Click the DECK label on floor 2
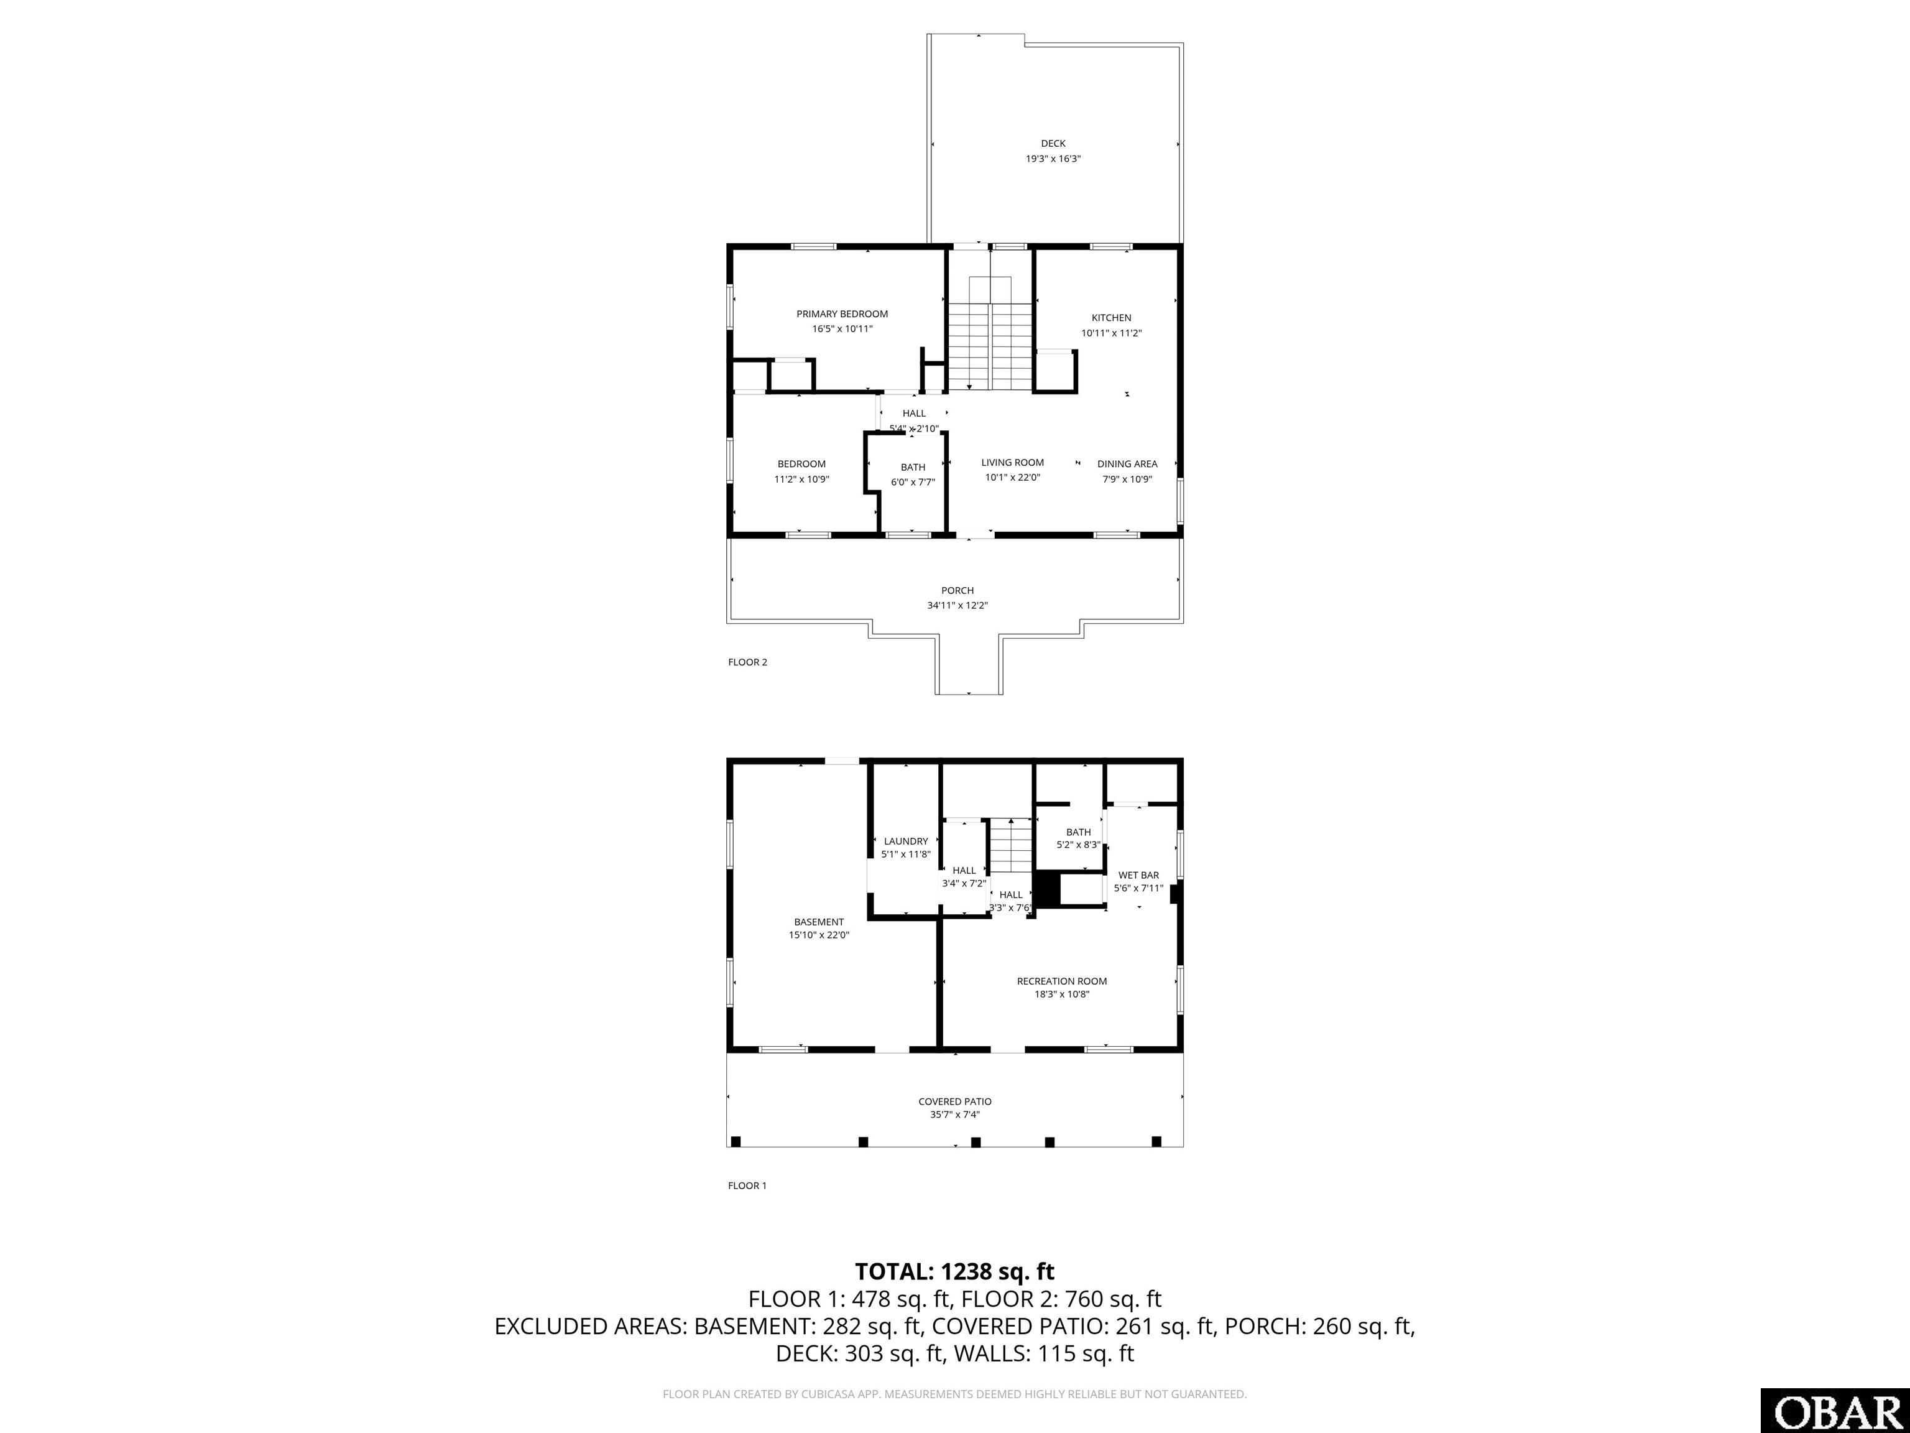1053,144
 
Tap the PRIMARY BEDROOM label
842,313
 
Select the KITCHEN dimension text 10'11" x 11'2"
1111,333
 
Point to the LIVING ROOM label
1012,462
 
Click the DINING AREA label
1127,464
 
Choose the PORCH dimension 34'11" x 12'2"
957,606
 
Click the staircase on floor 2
990,346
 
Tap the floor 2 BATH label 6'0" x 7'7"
913,474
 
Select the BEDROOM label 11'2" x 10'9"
801,471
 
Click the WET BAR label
1138,875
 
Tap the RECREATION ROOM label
1061,981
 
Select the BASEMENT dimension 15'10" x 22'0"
819,935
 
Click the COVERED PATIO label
954,1101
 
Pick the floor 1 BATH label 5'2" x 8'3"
1079,838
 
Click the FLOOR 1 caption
747,1186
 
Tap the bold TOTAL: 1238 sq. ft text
954,1271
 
